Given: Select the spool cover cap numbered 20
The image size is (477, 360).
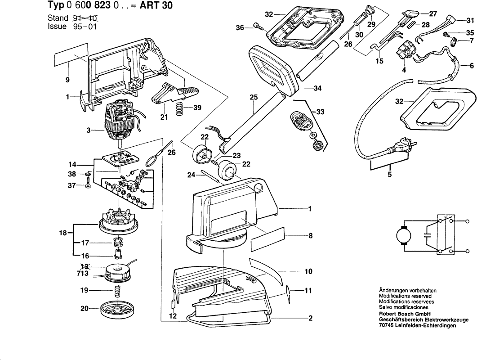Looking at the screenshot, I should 120,310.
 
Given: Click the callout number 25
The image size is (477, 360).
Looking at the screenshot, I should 254,97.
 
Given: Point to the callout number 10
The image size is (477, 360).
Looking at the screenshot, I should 308,272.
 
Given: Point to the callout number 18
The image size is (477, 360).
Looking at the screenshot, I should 63,233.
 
